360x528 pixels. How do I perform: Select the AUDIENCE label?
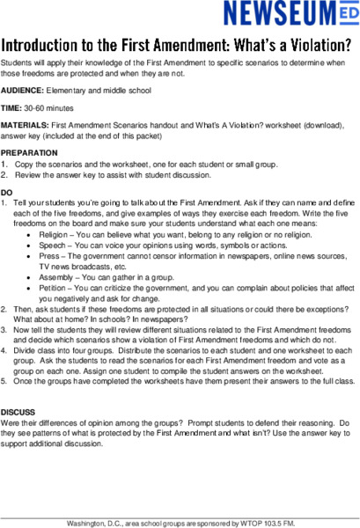tap(23, 91)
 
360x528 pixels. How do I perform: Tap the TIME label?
tap(11, 109)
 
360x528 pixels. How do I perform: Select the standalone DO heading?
tap(7, 192)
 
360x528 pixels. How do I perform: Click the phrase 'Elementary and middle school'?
tap(99, 91)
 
